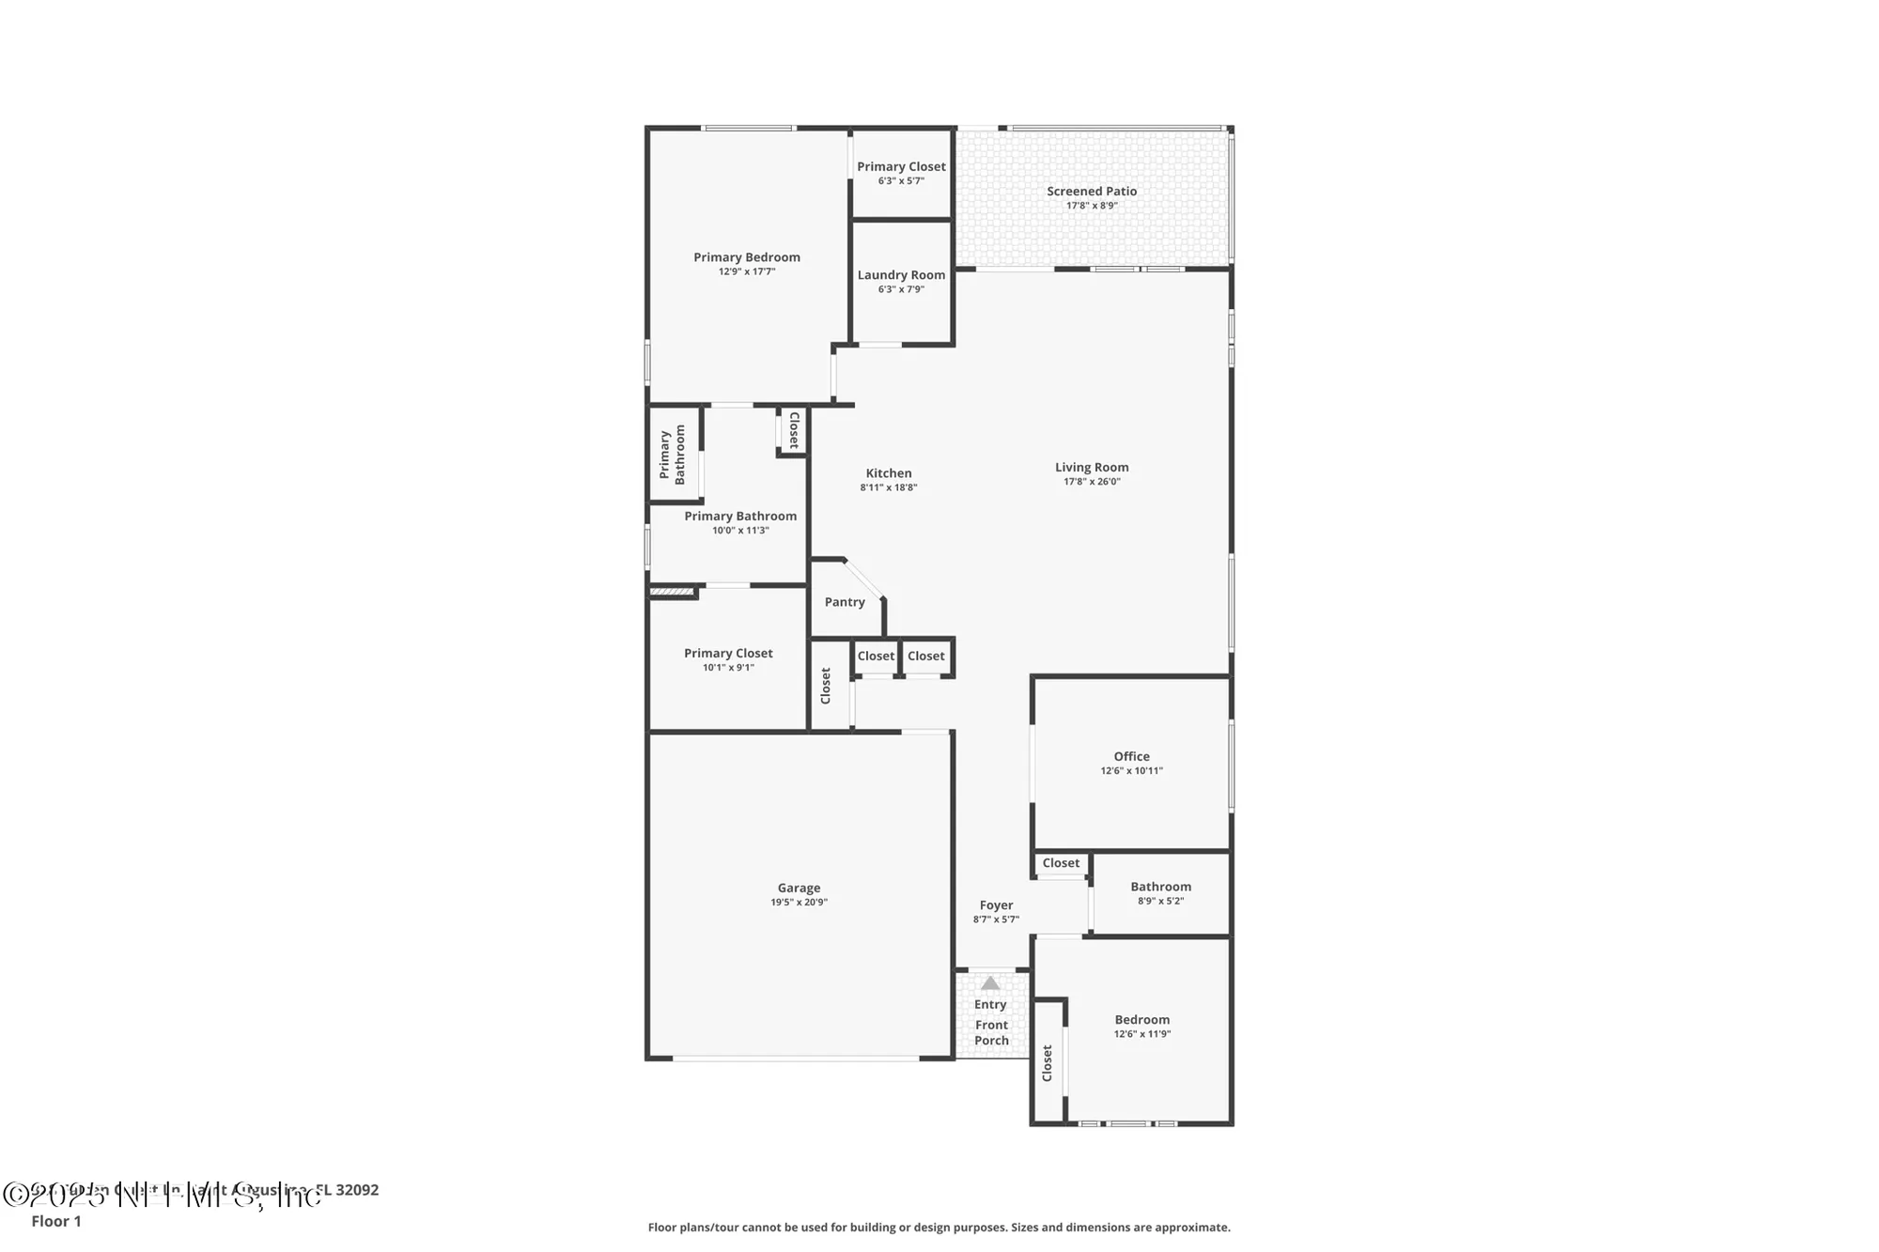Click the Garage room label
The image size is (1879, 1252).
[799, 888]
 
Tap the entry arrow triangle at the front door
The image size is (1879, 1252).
[990, 983]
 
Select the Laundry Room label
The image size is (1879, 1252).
[901, 275]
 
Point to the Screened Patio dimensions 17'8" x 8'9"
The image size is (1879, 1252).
[1092, 206]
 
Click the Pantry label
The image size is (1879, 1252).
[845, 602]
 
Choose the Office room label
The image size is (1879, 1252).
[1131, 756]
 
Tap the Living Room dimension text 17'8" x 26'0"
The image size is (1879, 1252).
[1092, 482]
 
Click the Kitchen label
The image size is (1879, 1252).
[889, 473]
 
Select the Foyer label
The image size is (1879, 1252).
[996, 905]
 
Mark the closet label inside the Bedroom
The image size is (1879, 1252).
[1048, 1063]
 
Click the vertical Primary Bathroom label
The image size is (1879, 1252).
[672, 455]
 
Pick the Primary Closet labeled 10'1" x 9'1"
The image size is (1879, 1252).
[728, 654]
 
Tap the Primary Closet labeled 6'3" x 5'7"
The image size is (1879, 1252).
[901, 167]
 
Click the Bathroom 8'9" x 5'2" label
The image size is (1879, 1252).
[1160, 887]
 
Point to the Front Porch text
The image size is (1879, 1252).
[991, 1032]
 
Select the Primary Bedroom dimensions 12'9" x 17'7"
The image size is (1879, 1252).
[747, 271]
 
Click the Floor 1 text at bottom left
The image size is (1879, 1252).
[56, 1221]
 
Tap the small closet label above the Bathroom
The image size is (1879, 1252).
[1061, 863]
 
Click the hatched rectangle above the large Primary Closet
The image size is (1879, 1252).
[672, 592]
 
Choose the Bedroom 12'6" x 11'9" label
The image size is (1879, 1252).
[1141, 1020]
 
